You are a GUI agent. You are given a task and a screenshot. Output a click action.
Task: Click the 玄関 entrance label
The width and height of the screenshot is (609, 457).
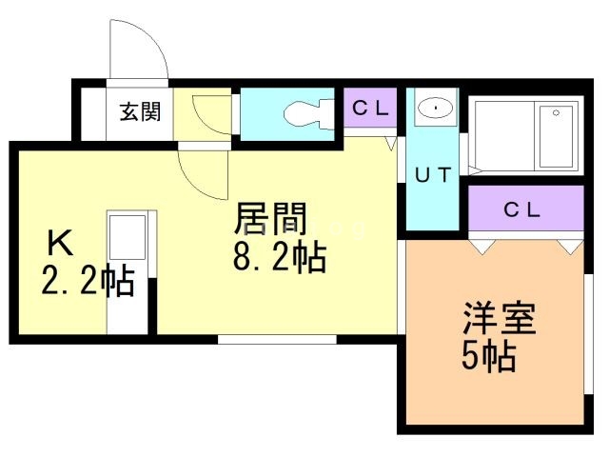click(x=140, y=112)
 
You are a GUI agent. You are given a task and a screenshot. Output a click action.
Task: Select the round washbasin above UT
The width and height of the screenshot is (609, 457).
click(x=435, y=108)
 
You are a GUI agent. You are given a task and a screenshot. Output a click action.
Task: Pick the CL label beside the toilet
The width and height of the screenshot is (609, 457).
click(x=371, y=109)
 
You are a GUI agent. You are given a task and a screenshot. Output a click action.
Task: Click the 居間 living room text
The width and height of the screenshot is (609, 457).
click(x=271, y=221)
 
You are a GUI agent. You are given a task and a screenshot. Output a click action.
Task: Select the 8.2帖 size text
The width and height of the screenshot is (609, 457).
click(x=280, y=257)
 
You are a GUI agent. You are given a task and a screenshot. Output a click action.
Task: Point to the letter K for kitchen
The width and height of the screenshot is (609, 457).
click(x=60, y=244)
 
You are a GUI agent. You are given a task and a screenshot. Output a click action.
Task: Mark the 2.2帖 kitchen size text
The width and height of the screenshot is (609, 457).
click(x=86, y=282)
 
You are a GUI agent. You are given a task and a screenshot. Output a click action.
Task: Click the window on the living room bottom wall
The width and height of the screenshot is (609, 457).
click(x=276, y=339)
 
